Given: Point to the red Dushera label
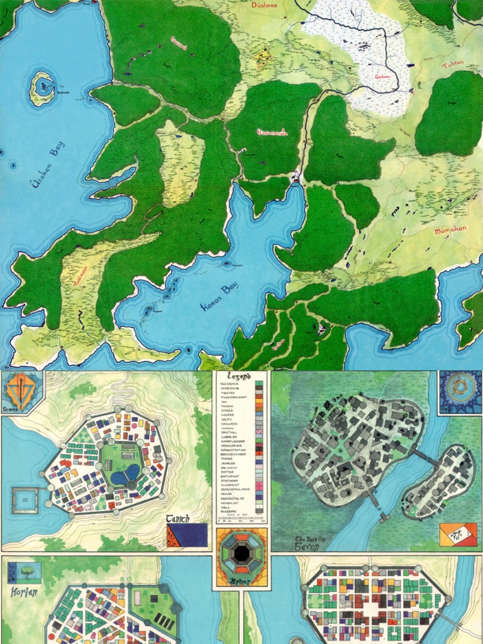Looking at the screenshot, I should pos(264,4).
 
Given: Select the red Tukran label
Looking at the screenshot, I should pos(452,65).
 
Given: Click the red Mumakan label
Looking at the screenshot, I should pos(450,230).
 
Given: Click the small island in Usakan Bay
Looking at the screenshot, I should pos(43,87).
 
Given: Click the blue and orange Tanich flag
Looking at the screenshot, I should pos(187,535).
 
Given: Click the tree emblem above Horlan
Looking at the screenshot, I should pos(25,572).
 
